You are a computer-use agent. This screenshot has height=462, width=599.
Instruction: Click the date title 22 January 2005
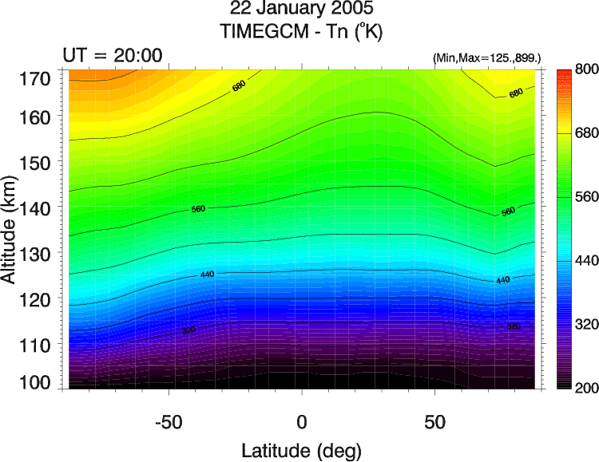(x=301, y=11)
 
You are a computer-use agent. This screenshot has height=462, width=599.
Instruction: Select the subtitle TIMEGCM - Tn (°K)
(x=301, y=33)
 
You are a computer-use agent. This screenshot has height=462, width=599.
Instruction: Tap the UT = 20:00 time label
(x=113, y=55)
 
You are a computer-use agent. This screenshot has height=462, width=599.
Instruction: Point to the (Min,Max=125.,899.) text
(x=486, y=58)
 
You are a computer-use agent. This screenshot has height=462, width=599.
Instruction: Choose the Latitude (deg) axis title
(x=302, y=447)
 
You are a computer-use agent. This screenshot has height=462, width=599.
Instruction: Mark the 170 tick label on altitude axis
(x=36, y=78)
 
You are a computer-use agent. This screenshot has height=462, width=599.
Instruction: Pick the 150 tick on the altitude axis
(x=36, y=162)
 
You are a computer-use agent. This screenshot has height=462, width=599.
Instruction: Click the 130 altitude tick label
(x=36, y=254)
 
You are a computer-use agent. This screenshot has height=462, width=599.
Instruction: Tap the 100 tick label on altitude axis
(x=36, y=381)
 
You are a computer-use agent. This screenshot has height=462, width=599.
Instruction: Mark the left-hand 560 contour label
(x=198, y=209)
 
